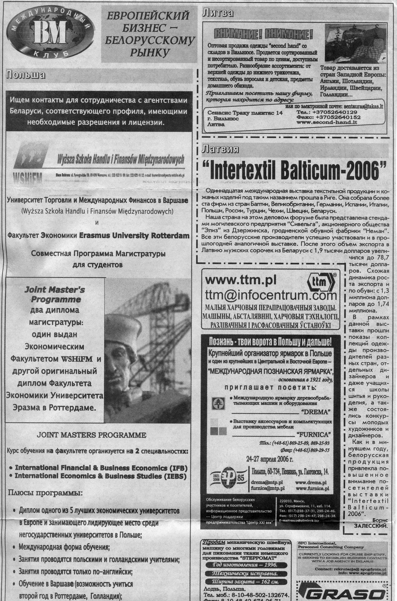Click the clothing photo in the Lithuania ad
pos(356,44)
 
